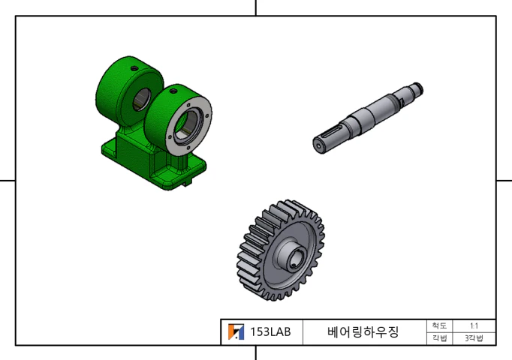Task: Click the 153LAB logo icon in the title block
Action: point(236,331)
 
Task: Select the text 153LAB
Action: point(270,332)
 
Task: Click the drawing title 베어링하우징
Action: point(363,332)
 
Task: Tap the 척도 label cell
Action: point(439,325)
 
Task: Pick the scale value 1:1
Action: point(474,325)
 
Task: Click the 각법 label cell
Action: point(439,338)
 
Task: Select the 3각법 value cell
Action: point(474,338)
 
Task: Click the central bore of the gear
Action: point(294,259)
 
